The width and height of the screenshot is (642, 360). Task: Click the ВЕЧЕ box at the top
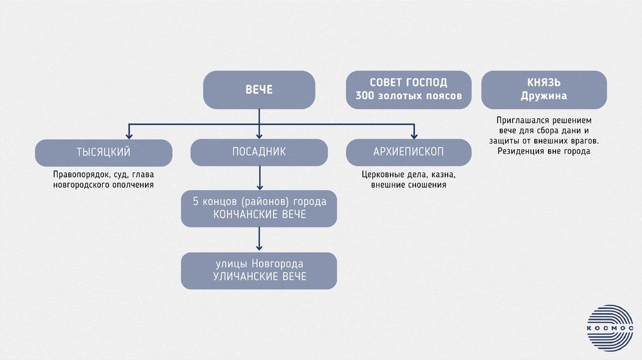[x=259, y=90]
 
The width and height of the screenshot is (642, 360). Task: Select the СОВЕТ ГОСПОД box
[x=408, y=90]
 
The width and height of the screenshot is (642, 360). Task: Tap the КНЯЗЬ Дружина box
[x=544, y=90]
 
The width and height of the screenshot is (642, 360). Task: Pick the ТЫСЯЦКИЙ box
[x=103, y=152]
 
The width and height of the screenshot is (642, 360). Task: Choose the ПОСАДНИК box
[x=259, y=152]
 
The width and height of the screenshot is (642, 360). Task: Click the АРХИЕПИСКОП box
[x=408, y=152]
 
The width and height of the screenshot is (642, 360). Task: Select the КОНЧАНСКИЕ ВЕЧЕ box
[x=259, y=208]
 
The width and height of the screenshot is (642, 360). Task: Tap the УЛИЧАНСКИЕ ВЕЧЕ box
[x=259, y=270]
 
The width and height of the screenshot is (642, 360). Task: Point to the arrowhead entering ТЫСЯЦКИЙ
[x=129, y=134]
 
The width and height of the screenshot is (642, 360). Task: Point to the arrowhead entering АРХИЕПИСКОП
[x=414, y=134]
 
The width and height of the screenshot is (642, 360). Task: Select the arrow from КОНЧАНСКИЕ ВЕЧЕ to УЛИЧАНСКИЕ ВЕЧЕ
[x=259, y=240]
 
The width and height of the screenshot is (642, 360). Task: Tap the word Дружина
[x=544, y=96]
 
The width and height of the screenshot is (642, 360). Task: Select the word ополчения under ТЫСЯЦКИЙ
[x=131, y=185]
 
